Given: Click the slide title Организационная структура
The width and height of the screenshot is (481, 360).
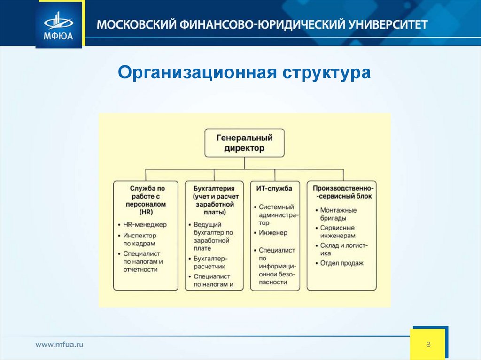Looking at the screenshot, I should tap(244, 73).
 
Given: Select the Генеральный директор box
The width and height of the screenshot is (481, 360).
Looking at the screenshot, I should tap(244, 143).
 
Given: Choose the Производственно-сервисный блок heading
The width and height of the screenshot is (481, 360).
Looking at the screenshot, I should tap(342, 192).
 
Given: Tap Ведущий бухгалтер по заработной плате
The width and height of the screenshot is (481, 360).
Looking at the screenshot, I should tap(213, 236).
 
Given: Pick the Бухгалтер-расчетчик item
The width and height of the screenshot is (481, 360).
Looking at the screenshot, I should tap(210, 262).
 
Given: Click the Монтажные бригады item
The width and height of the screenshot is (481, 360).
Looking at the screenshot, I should tap(338, 214).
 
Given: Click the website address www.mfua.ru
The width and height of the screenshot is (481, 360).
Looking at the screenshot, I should tap(60, 345).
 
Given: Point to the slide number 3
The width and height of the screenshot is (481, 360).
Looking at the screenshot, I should tap(428, 345).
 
